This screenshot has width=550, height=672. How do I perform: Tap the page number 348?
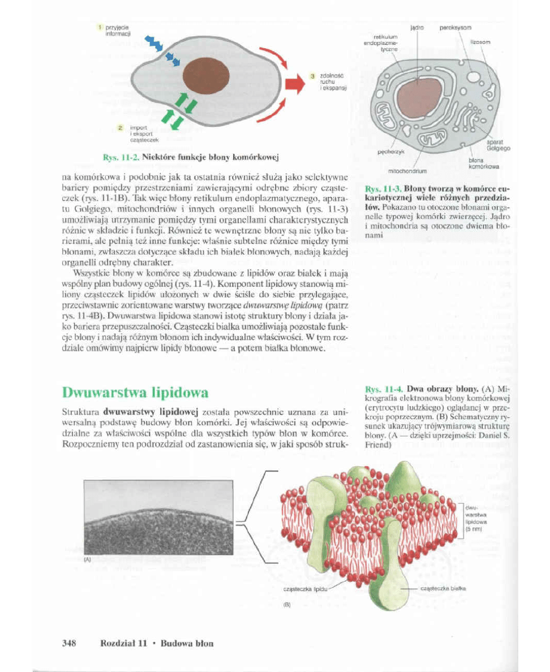(69, 643)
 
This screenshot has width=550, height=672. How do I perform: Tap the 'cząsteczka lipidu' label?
(304, 589)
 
